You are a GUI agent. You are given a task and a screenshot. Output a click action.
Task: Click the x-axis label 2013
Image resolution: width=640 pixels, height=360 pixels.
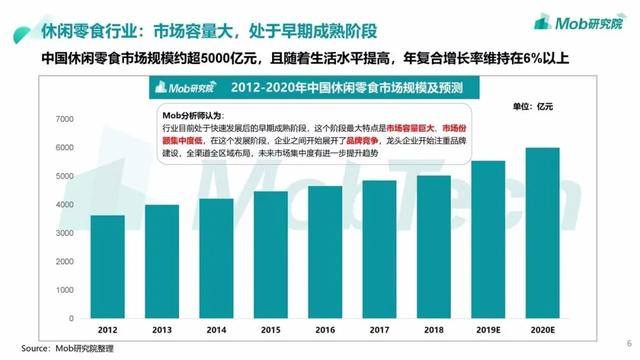(x=162, y=329)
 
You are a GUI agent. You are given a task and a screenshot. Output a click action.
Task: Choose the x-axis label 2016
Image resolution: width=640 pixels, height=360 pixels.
(x=325, y=329)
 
